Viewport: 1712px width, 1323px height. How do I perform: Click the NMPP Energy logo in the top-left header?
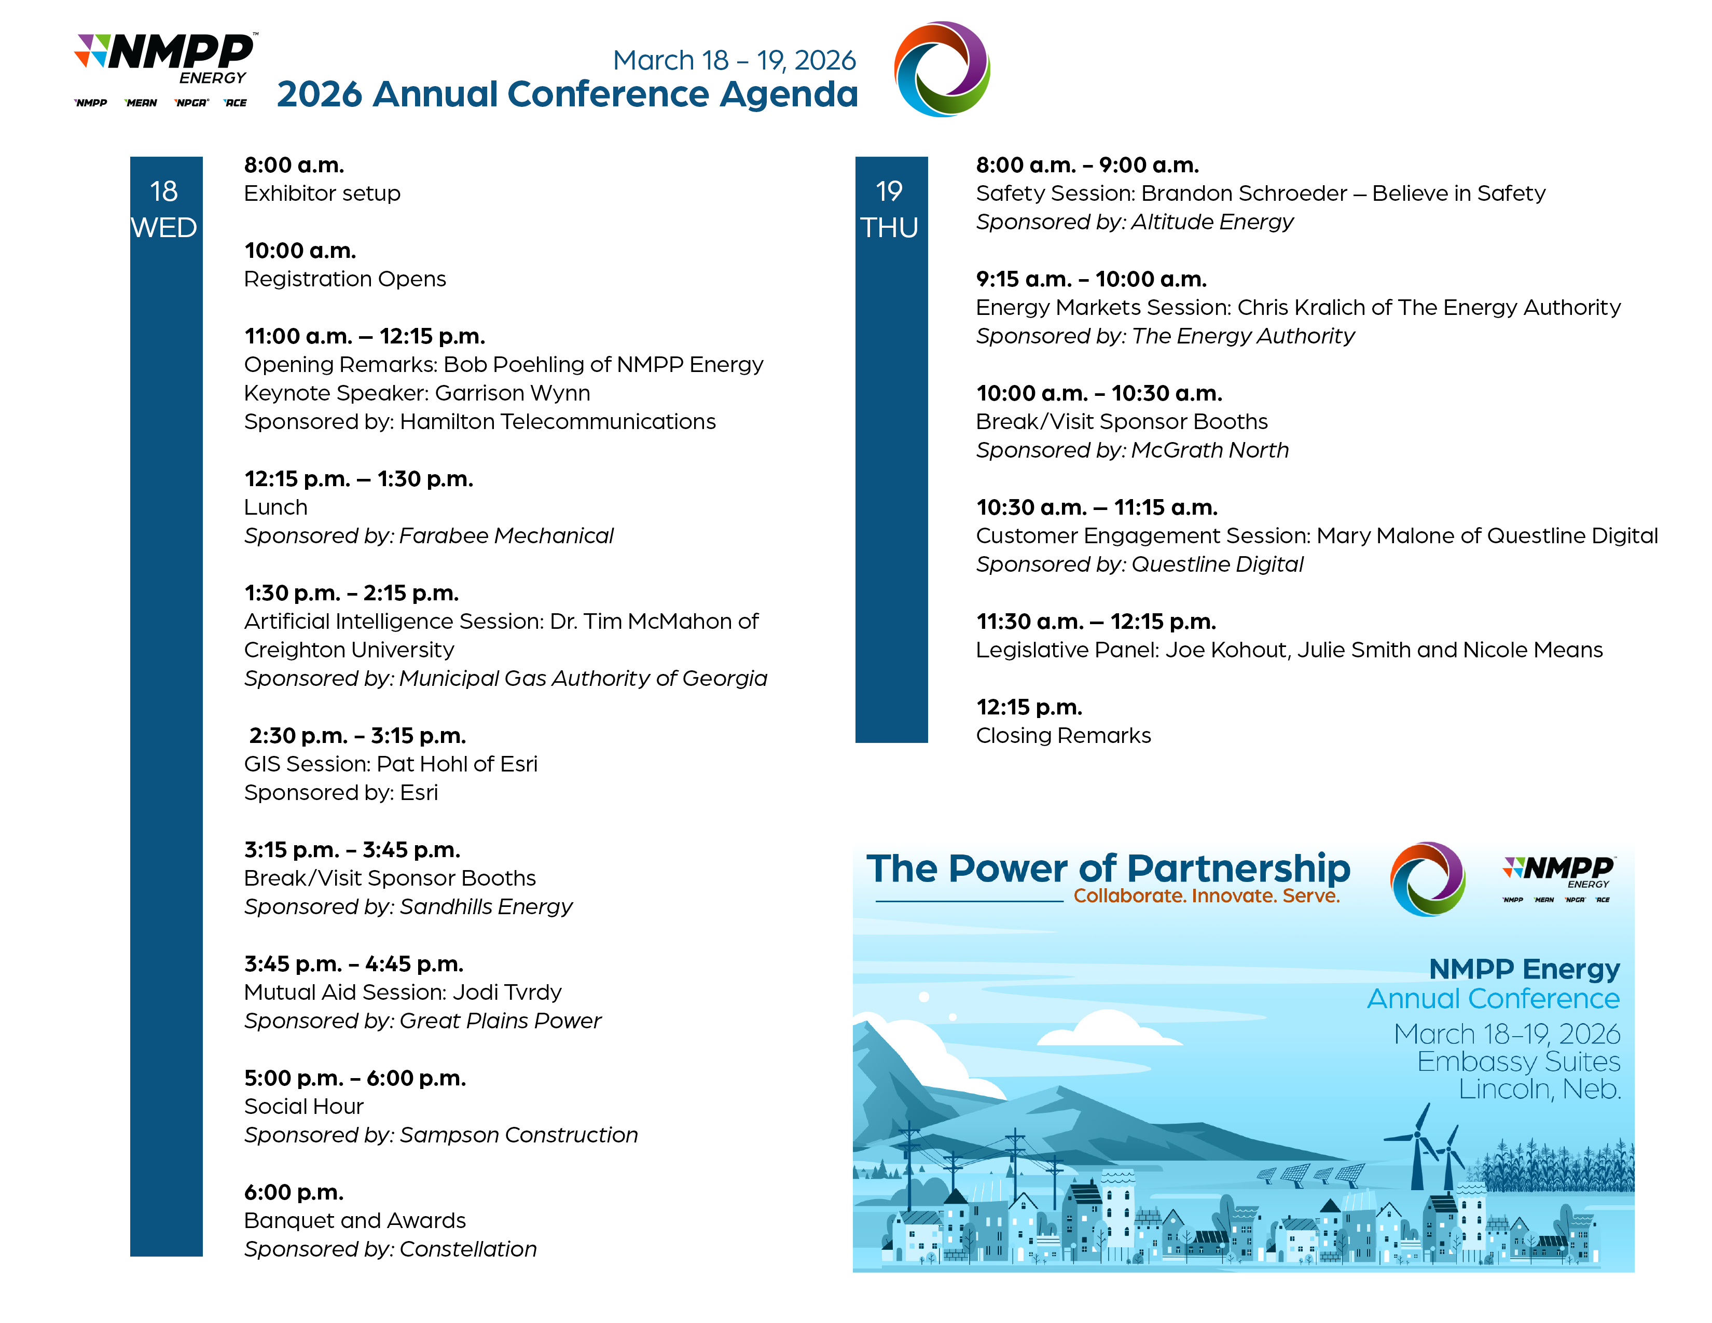(165, 70)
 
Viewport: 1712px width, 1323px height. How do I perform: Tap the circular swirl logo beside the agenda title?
(942, 69)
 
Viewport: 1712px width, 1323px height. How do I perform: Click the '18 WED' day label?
(164, 209)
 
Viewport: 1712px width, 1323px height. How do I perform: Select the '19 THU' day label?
(890, 209)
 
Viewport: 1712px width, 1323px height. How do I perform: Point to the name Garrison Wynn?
(513, 393)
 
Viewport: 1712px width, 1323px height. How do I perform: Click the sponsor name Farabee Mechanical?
(506, 535)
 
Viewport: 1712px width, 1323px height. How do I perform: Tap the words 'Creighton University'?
(349, 650)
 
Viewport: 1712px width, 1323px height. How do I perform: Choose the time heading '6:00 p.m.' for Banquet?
(294, 1192)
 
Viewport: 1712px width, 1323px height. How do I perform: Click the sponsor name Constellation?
(468, 1248)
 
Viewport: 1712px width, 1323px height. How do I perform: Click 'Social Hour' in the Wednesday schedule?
(303, 1106)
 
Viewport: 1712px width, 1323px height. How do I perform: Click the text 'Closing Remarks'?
(1063, 735)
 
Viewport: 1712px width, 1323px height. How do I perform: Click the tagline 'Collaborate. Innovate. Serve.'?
(1206, 895)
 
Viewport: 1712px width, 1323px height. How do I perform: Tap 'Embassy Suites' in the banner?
(1518, 1061)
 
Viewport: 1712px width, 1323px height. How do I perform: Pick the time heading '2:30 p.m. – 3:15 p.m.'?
(357, 735)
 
